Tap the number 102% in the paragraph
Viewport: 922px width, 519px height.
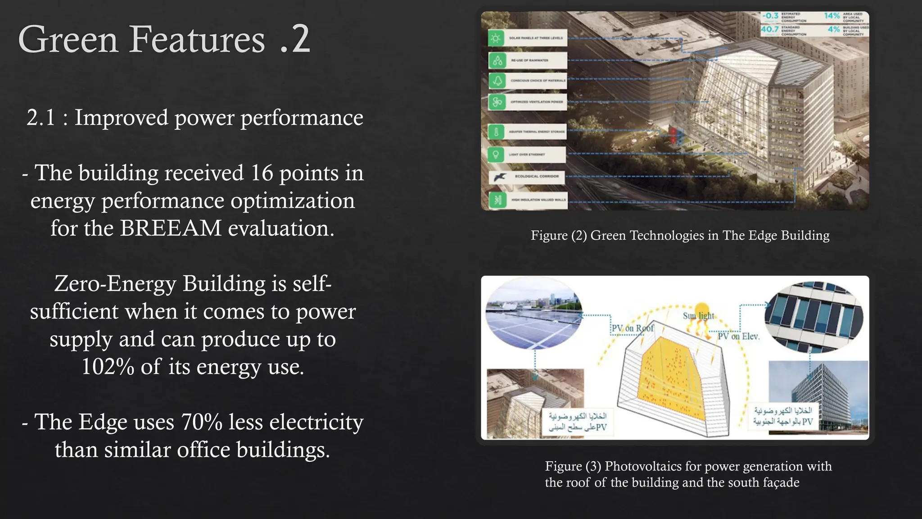coord(107,367)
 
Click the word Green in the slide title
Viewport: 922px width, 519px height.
coord(68,40)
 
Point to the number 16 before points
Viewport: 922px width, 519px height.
coord(262,173)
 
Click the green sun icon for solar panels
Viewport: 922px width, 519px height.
coord(496,38)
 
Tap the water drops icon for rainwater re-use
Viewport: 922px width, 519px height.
coord(497,60)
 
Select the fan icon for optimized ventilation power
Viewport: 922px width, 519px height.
coord(497,102)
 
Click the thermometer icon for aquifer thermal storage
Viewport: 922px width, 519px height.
coord(496,132)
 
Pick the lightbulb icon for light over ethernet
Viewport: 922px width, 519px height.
coord(496,155)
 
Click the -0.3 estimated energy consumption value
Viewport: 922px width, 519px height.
coord(770,16)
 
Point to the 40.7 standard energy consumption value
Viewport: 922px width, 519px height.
coord(769,29)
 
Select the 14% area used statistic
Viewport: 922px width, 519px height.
coord(832,16)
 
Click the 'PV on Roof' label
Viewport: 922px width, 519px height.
coord(633,328)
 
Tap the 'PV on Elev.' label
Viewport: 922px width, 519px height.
coord(738,336)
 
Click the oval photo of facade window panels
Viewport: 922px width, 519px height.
coord(814,316)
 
